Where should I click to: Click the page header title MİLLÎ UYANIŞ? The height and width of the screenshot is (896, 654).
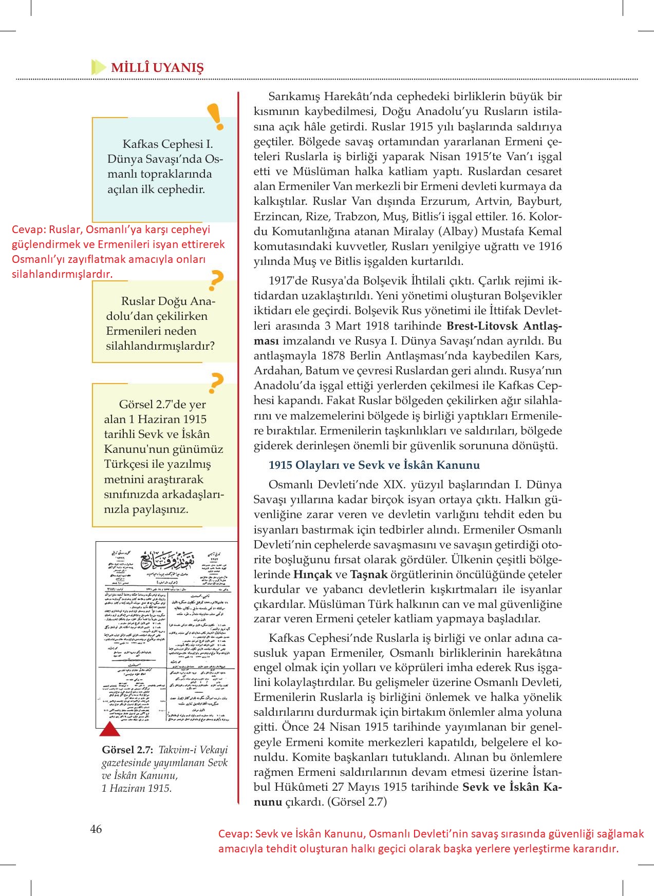point(158,68)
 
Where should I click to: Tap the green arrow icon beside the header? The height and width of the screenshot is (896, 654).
point(98,67)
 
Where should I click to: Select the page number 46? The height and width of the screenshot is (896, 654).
point(96,829)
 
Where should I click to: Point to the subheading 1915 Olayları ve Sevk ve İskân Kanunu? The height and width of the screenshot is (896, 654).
point(374,465)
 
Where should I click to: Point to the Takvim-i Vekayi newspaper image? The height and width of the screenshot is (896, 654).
point(166,635)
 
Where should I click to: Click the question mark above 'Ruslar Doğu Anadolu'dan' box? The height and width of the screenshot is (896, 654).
point(216,280)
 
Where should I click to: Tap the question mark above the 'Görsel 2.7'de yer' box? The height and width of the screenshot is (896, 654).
point(216,383)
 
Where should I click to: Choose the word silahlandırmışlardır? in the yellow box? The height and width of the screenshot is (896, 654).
point(160,346)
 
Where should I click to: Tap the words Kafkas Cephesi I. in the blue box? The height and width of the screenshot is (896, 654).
point(167,144)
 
